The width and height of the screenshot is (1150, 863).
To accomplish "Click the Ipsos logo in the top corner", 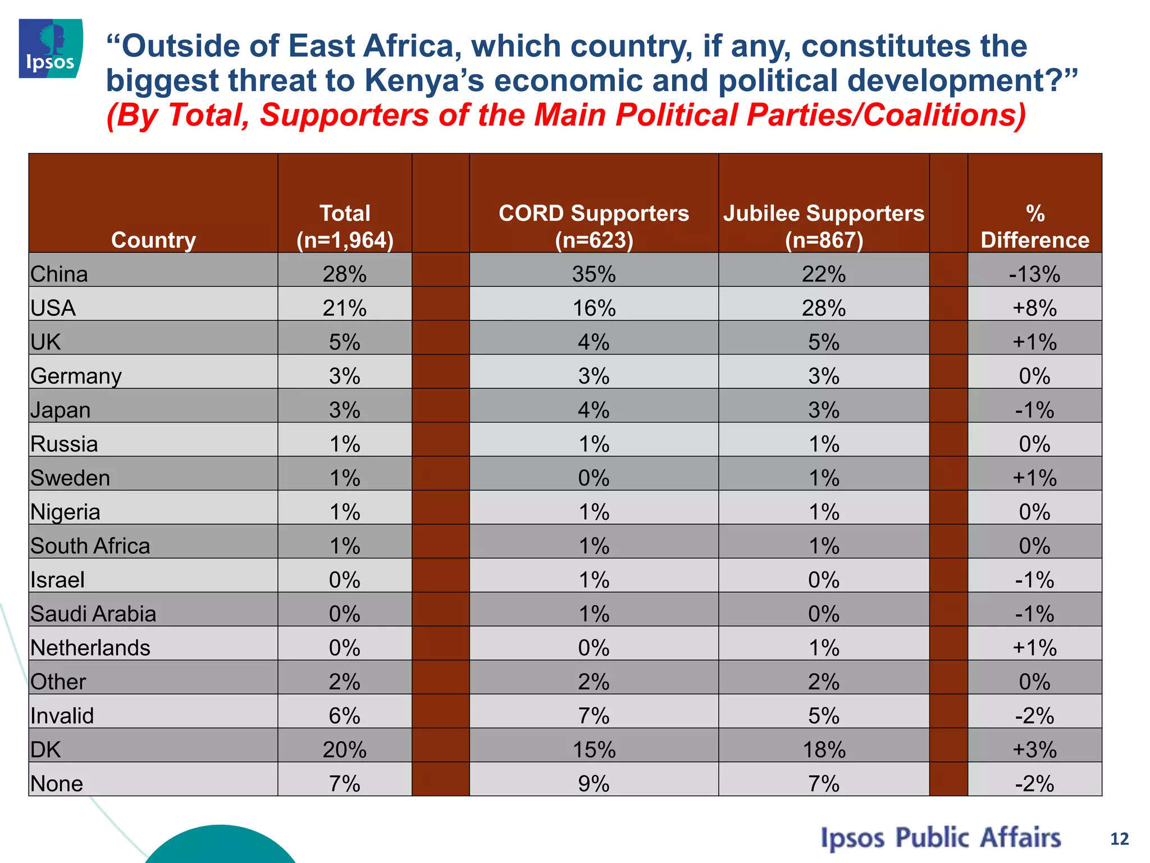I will (x=51, y=48).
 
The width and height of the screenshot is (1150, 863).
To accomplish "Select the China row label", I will (x=60, y=274).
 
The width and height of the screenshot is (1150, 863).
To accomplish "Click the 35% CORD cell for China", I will (x=594, y=274).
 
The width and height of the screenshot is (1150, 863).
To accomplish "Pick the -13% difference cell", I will (x=1034, y=274).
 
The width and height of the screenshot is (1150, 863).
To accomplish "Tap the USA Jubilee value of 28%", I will (x=823, y=308).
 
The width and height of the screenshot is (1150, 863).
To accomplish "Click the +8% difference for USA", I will (x=1034, y=308).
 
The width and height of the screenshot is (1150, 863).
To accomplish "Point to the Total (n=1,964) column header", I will (x=345, y=226).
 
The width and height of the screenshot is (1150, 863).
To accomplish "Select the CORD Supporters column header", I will (x=594, y=226).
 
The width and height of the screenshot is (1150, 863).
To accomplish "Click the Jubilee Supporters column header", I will (x=823, y=226).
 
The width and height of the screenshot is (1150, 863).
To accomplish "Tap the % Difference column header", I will (x=1034, y=226).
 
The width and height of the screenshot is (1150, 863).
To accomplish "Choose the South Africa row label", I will (x=90, y=546).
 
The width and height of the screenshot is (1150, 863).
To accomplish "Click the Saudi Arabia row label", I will (x=93, y=614).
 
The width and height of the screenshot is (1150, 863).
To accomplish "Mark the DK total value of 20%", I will (x=344, y=750).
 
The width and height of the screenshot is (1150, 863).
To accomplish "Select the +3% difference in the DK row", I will (x=1034, y=750).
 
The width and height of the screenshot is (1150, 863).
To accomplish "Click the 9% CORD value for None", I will (x=594, y=783).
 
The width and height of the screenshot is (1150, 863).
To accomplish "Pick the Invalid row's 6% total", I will (x=344, y=716).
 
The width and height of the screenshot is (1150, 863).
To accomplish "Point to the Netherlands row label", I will (x=90, y=648).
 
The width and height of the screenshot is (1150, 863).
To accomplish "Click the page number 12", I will (x=1119, y=839).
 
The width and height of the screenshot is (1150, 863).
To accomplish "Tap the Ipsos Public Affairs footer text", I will (x=941, y=838).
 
